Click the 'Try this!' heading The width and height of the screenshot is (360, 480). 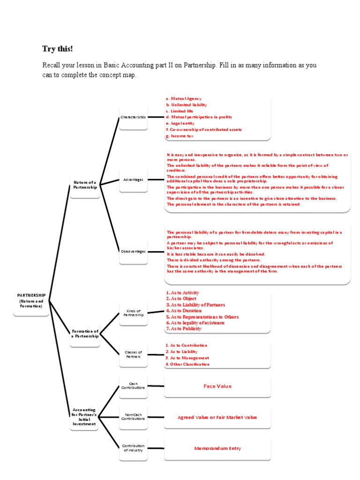point(58,49)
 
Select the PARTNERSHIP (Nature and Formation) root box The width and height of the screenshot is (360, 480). point(31,300)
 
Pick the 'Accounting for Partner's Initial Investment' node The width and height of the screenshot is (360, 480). point(84,417)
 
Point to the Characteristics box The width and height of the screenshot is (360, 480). point(133,117)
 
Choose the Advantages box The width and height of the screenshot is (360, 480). point(133,180)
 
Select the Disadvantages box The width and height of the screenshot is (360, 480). point(133,251)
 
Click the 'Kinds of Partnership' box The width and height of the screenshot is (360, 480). point(133,313)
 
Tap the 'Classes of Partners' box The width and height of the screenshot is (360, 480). point(133,354)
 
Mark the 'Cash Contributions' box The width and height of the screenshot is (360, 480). point(133,386)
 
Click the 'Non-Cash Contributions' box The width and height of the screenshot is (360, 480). point(133,417)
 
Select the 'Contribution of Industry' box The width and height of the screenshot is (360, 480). point(133,448)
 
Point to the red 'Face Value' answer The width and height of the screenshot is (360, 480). point(217,386)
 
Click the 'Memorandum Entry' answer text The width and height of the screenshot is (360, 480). point(217,449)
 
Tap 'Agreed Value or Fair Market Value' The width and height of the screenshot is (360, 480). point(217,417)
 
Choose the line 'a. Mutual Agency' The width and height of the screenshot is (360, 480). point(184,99)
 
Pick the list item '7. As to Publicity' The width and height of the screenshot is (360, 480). point(184,329)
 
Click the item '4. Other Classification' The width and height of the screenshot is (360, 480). point(187,364)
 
